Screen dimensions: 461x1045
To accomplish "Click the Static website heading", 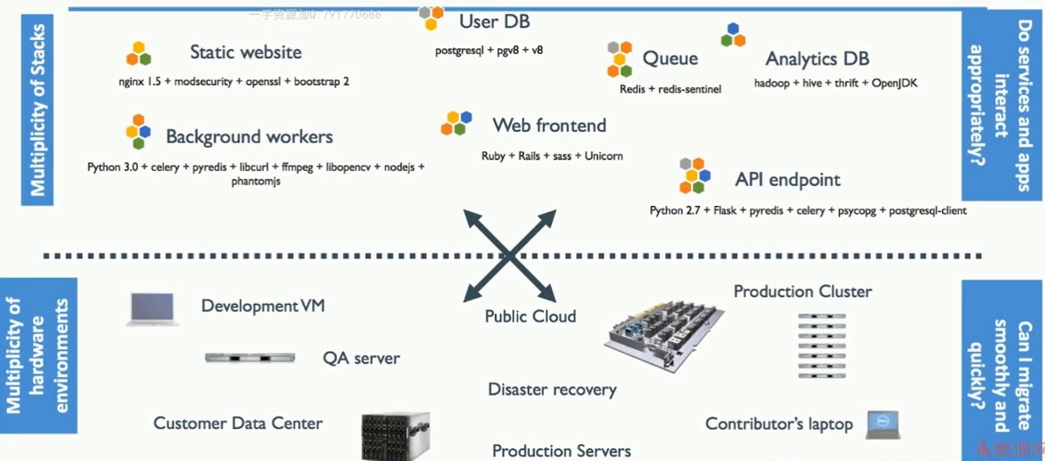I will (x=245, y=52).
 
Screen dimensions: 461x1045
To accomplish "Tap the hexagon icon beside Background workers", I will (x=138, y=132).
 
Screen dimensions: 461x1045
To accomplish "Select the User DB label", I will (x=494, y=21).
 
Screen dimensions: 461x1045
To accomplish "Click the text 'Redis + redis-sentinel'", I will (x=670, y=89).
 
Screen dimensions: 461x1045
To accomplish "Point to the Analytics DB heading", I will (x=817, y=59).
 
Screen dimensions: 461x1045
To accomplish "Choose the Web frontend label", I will (x=548, y=126).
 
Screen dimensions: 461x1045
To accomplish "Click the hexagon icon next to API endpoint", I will (x=695, y=175).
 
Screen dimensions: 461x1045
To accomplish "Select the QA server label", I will (x=361, y=358).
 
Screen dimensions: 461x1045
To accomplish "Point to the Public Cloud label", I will (x=530, y=316).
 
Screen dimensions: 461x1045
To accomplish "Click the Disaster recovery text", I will (x=552, y=389).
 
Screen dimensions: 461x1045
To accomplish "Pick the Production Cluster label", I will (x=802, y=292).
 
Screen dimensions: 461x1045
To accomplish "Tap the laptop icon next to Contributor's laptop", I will (x=883, y=424).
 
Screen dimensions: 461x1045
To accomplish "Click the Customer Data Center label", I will (x=237, y=423).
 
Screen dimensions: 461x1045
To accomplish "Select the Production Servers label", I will (x=561, y=451).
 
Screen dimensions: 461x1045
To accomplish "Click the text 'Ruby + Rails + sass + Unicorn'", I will (x=552, y=156).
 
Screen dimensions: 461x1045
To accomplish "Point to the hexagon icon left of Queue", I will (x=619, y=58).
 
